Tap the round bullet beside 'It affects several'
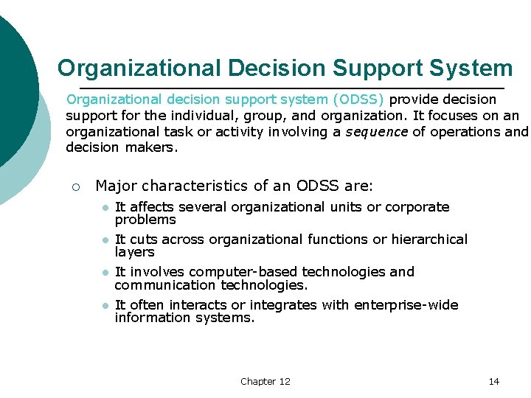click(x=105, y=208)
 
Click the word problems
click(x=145, y=220)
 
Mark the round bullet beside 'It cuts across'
click(x=105, y=240)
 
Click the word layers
click(x=134, y=252)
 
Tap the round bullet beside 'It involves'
click(x=105, y=273)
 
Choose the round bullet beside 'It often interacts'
click(x=105, y=306)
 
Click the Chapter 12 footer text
click(x=265, y=381)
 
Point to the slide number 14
click(x=493, y=381)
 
